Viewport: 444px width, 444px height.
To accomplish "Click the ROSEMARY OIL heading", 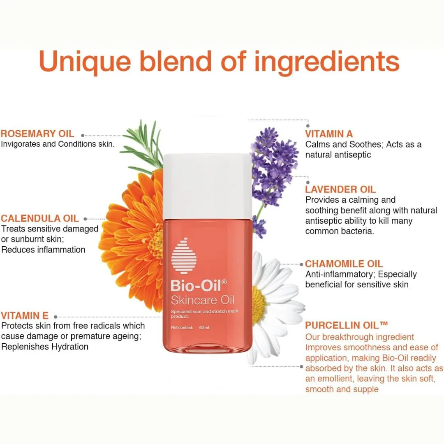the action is point(37,134).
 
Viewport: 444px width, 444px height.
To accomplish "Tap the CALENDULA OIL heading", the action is point(40,218).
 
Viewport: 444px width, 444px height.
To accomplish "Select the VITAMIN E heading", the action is point(25,316).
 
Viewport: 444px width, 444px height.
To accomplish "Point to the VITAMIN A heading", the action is point(329,134).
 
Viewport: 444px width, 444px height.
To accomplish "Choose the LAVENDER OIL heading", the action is point(340,190).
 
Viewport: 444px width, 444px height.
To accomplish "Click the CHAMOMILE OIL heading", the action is point(344,264).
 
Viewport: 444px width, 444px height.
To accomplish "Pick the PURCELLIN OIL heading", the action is point(346,325).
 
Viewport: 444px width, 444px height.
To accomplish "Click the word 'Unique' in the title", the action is point(85,62).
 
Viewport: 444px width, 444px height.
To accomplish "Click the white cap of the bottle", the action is point(208,187).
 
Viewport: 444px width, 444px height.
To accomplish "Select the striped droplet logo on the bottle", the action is point(184,256).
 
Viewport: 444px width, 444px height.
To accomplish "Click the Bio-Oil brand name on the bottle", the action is point(199,286).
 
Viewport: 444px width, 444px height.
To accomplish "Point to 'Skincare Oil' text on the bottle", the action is point(202,300).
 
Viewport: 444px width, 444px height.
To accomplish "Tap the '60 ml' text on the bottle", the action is point(204,328).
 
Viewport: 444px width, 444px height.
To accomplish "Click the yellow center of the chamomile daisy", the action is point(259,305).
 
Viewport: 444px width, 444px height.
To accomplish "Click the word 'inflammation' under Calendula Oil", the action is point(61,250).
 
